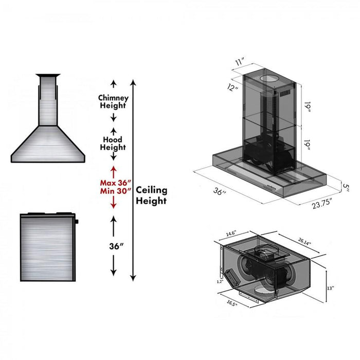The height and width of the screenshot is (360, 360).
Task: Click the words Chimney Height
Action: (x=113, y=101)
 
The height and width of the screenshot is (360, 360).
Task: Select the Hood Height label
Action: (x=113, y=142)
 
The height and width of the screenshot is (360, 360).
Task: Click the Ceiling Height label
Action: (x=151, y=195)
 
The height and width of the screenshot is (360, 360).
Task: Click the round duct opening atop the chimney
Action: (x=271, y=79)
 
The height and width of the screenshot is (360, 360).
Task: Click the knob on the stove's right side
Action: (x=77, y=222)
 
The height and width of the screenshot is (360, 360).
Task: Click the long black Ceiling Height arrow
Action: (x=133, y=180)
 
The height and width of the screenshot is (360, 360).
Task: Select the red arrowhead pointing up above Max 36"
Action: (x=113, y=169)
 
